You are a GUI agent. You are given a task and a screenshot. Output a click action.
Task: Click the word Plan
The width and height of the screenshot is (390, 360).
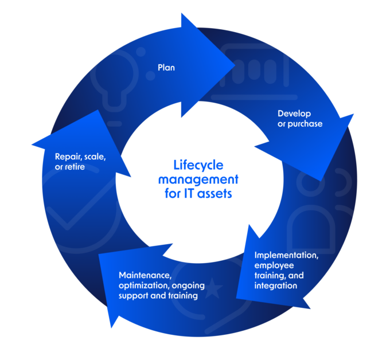click(x=166, y=68)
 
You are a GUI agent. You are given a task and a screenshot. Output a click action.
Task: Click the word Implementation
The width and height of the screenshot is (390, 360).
click(x=286, y=255)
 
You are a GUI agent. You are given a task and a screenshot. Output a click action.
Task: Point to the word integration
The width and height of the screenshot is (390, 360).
click(x=276, y=285)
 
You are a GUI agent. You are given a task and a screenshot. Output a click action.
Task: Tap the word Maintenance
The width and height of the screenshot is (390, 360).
click(x=145, y=275)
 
